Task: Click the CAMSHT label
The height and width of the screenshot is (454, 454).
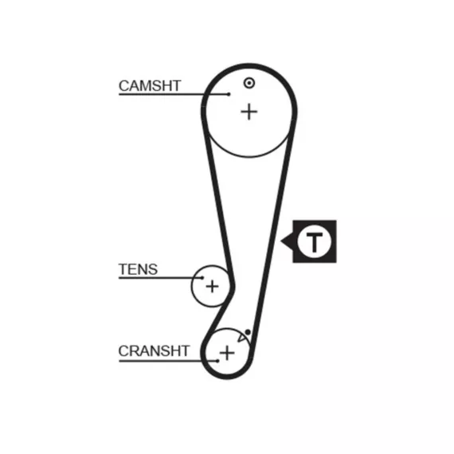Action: (x=150, y=86)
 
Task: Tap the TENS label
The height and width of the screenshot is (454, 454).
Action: (x=138, y=269)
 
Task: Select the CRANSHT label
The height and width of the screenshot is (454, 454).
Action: (x=154, y=351)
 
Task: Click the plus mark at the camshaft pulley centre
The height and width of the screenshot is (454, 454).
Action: (x=249, y=112)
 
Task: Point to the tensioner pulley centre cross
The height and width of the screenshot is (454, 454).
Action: (x=212, y=287)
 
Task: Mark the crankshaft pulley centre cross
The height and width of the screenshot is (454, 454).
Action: (x=227, y=353)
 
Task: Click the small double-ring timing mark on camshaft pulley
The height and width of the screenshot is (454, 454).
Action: (x=249, y=83)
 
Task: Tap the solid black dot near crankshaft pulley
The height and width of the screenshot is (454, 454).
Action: (x=248, y=332)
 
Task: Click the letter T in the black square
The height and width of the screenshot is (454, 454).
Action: (x=314, y=241)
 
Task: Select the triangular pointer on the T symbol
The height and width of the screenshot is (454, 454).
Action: (x=288, y=241)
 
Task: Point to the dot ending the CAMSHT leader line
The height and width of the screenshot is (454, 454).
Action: (x=229, y=94)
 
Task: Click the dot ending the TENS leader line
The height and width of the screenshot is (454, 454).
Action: (x=202, y=278)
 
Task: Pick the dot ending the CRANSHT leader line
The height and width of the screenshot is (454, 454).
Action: (x=217, y=361)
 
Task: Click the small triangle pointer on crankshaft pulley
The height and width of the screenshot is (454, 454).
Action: (x=241, y=338)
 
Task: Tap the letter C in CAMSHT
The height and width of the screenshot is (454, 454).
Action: (x=124, y=86)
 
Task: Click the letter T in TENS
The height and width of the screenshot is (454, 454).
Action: (x=123, y=269)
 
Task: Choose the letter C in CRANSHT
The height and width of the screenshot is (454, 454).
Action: (x=123, y=351)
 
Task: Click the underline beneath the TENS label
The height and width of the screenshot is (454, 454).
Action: (x=160, y=278)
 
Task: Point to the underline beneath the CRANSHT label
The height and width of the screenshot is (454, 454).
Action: (x=168, y=361)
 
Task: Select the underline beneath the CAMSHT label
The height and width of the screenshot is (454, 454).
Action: (x=174, y=94)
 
